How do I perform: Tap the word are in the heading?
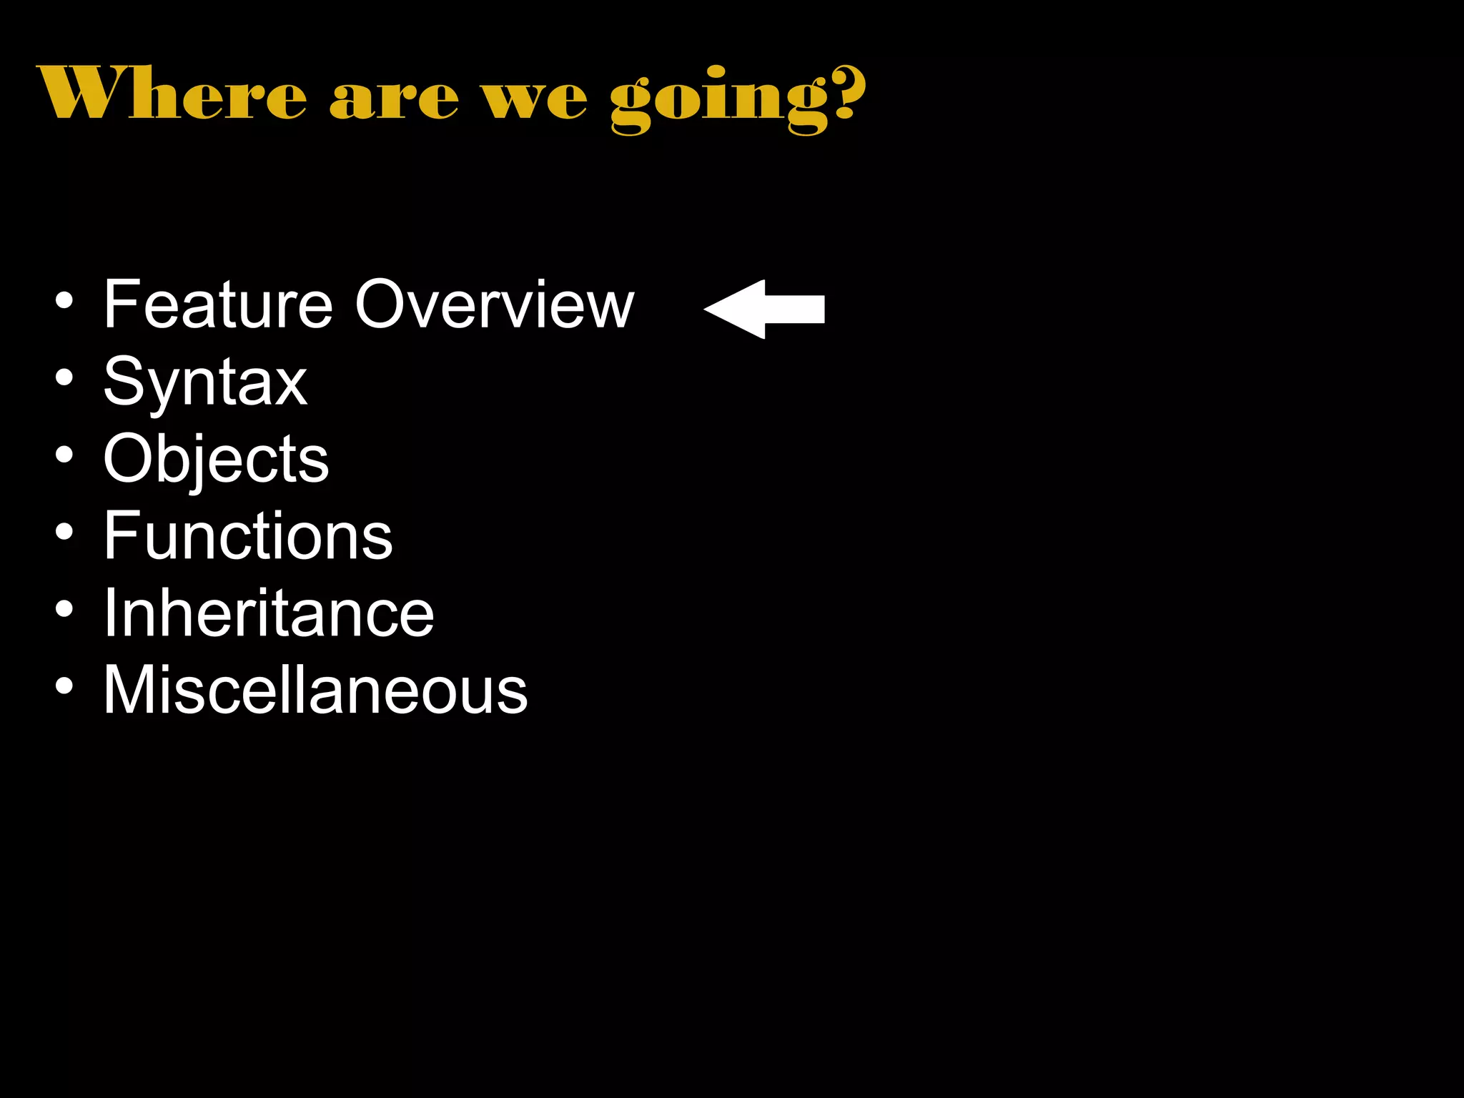tap(393, 99)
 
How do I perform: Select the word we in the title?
tap(535, 99)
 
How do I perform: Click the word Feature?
tap(218, 305)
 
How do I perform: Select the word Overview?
tap(494, 305)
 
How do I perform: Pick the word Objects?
tap(216, 460)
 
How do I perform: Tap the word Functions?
tap(248, 536)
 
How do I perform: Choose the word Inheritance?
tap(268, 613)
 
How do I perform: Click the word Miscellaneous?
tap(315, 691)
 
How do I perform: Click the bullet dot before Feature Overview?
tap(64, 301)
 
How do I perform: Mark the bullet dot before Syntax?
tap(64, 377)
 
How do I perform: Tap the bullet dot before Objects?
tap(64, 455)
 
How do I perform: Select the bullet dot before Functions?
tap(64, 532)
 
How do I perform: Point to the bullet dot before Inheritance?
tap(64, 609)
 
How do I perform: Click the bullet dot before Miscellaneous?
tap(64, 686)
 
